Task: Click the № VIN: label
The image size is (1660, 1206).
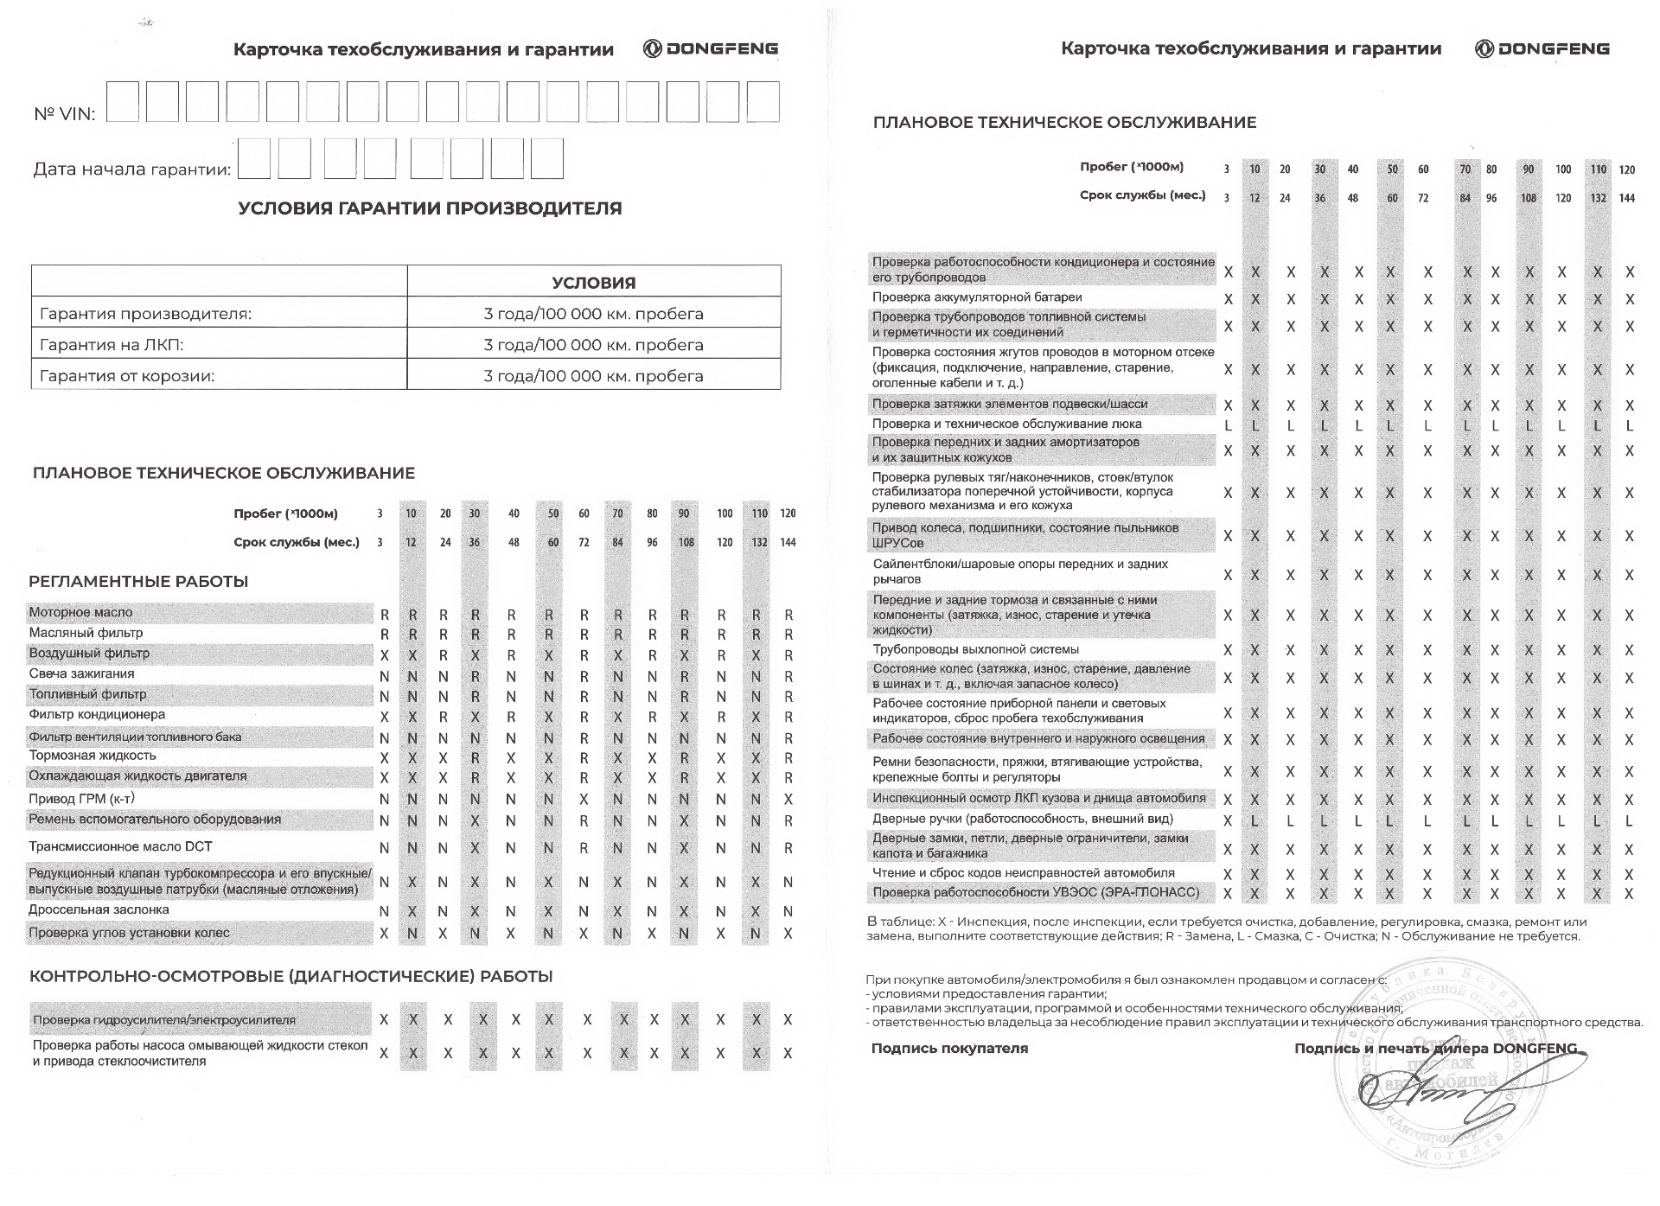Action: click(65, 114)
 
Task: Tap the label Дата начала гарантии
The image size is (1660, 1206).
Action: click(131, 169)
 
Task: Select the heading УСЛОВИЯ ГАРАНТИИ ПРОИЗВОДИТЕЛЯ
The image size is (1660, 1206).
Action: click(430, 208)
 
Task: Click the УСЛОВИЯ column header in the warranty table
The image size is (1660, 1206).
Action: click(593, 283)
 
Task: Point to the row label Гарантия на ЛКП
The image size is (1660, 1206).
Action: click(112, 345)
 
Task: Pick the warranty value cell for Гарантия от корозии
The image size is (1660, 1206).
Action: click(593, 376)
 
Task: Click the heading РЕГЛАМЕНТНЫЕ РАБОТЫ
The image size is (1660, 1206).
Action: click(138, 582)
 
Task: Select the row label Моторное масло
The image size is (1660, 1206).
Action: click(81, 613)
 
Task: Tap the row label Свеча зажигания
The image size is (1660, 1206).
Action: click(81, 674)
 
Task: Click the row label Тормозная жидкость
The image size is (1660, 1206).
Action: click(93, 756)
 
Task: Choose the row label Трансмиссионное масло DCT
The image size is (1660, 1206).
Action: click(120, 847)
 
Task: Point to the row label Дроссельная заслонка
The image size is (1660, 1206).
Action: click(99, 910)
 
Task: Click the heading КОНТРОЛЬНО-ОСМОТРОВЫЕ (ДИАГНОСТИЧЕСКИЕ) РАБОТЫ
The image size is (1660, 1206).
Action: click(290, 977)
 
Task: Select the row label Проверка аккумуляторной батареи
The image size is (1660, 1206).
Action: click(977, 297)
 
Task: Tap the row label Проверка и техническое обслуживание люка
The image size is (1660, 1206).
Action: click(1006, 424)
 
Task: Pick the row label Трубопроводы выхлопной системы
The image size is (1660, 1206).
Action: click(975, 649)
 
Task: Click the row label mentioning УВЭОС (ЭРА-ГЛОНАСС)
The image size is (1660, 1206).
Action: click(1036, 892)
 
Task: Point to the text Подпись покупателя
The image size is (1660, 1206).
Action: click(949, 1049)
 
